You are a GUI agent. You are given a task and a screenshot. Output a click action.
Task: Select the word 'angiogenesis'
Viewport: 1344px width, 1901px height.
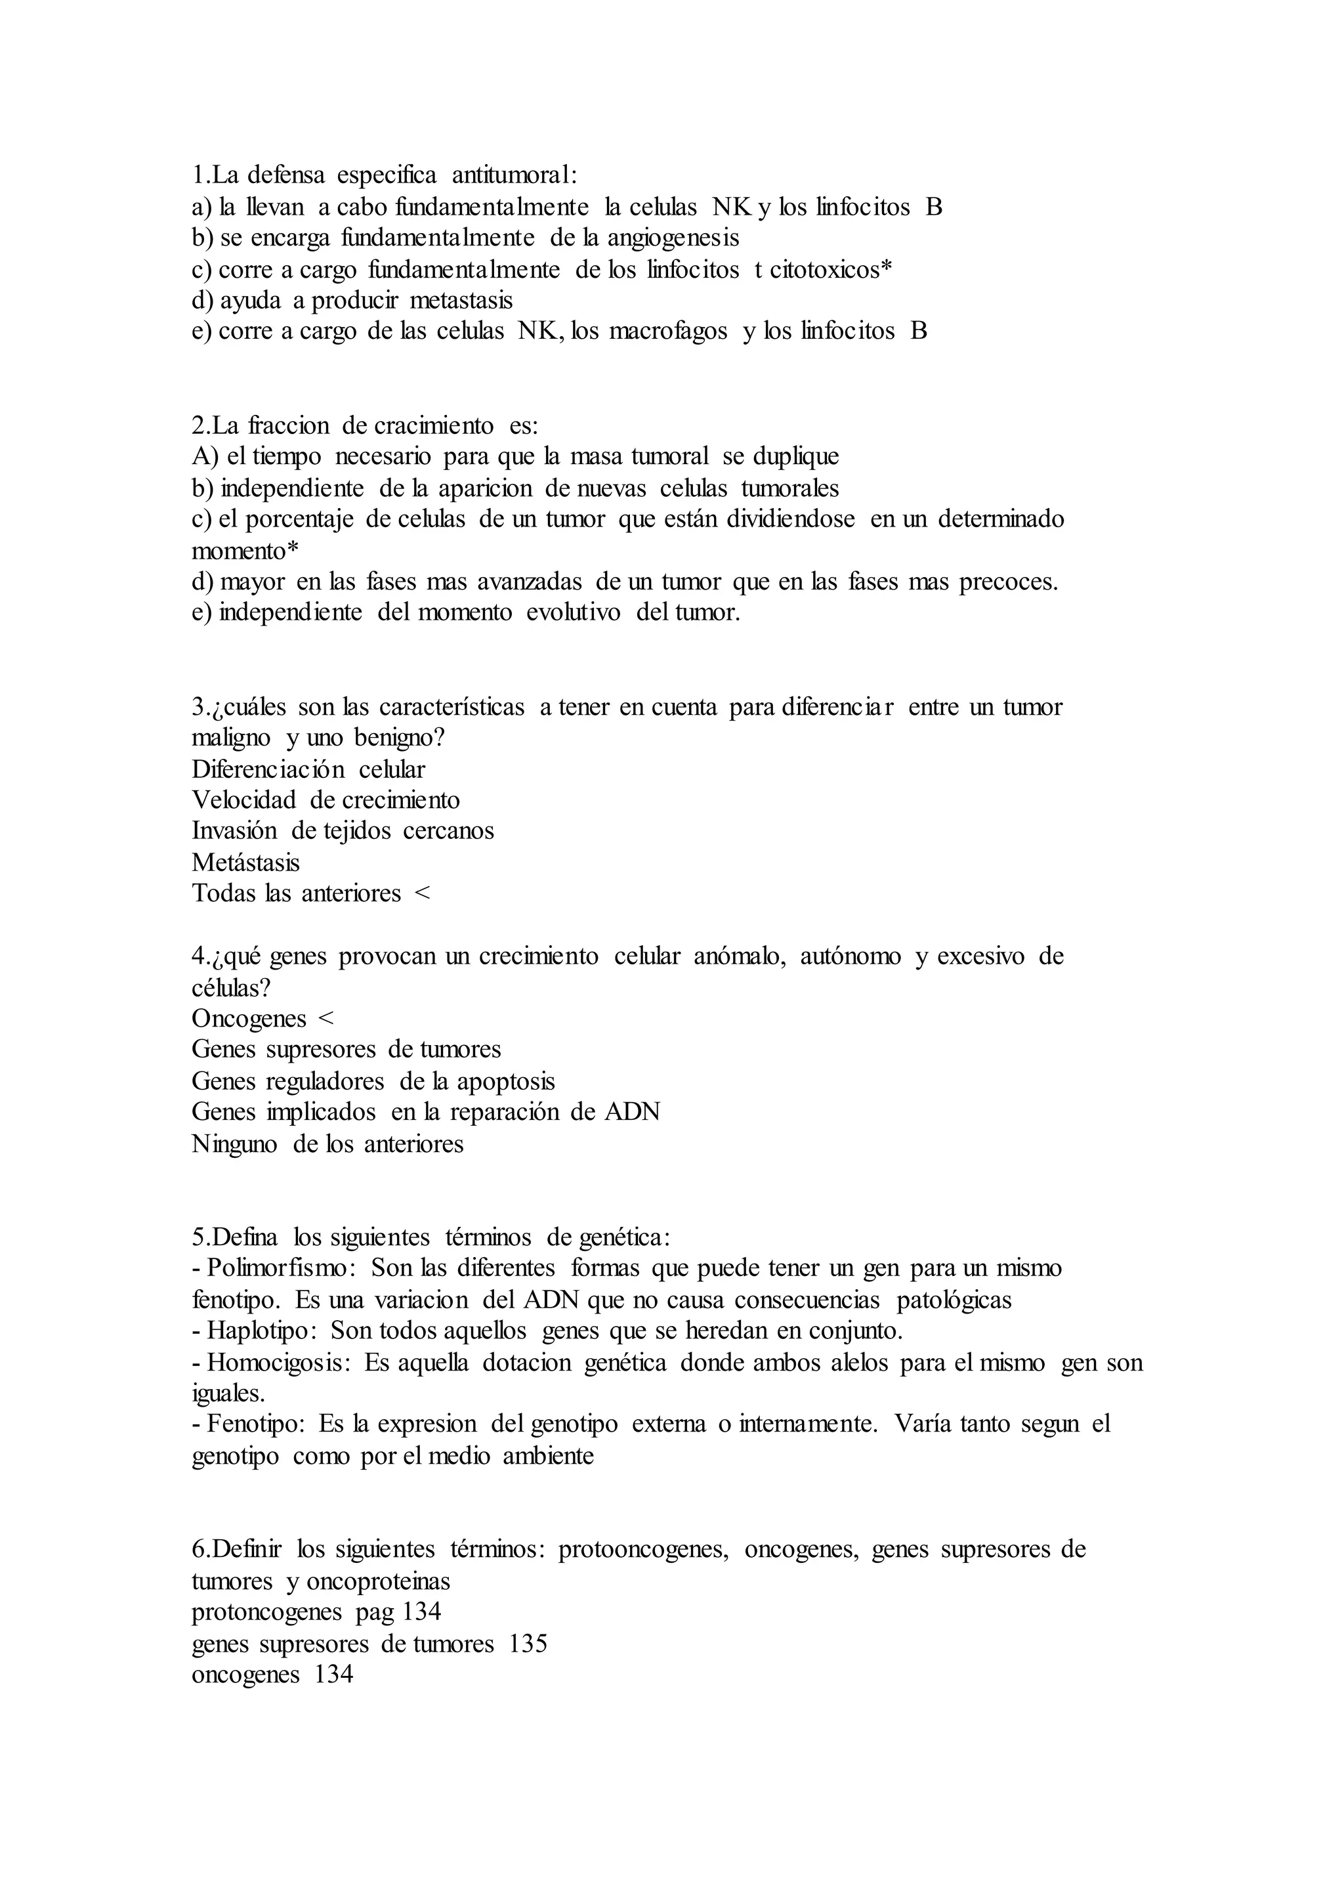673,238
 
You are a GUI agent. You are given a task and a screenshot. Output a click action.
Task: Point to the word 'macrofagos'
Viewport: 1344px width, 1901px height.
668,331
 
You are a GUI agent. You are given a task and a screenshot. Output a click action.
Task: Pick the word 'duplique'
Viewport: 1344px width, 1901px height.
795,456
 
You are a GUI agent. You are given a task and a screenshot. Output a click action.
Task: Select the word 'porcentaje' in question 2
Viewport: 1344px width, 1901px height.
300,519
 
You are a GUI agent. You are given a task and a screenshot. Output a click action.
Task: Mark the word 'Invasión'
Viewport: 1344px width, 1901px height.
234,830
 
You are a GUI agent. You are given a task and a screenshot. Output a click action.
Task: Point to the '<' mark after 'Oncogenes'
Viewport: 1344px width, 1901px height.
326,1018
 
